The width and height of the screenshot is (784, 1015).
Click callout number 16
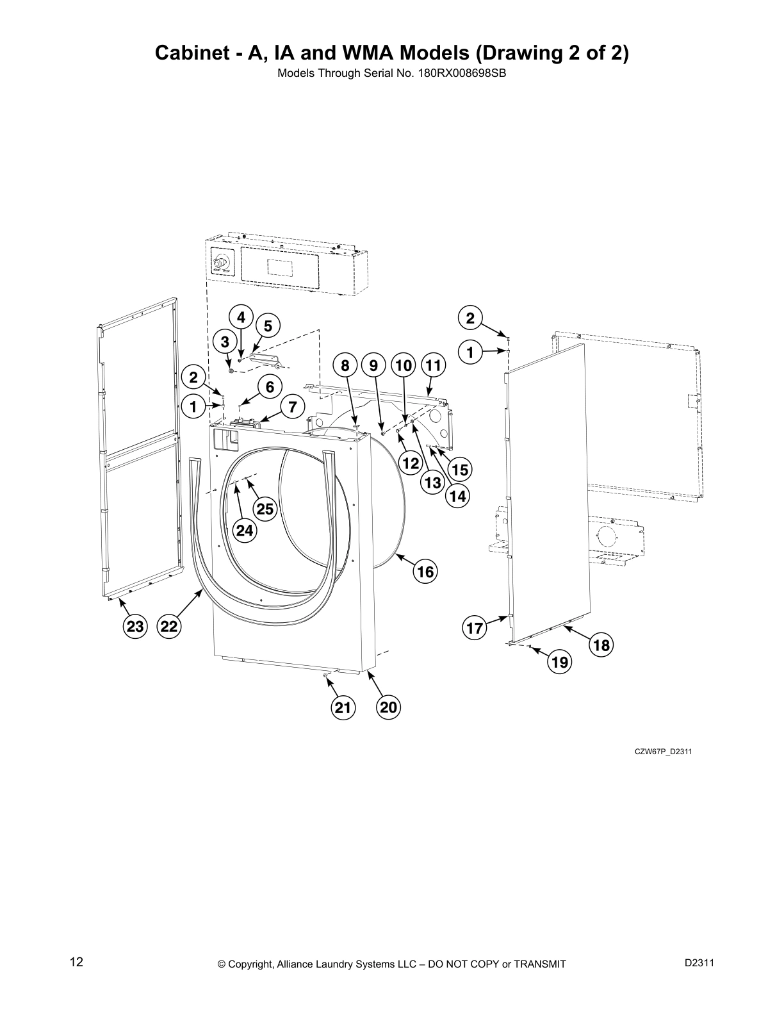(x=425, y=571)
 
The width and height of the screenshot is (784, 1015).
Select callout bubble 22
(x=169, y=626)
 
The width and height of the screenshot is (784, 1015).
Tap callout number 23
(x=135, y=626)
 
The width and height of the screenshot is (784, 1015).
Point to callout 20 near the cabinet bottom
(x=389, y=707)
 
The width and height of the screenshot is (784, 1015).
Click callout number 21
(x=343, y=707)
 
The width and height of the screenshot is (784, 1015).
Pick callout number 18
(x=601, y=645)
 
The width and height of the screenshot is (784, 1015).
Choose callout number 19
(x=560, y=662)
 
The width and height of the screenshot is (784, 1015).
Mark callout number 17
(x=475, y=628)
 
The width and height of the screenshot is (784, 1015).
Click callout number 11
(x=434, y=366)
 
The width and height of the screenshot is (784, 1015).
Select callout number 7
(x=292, y=407)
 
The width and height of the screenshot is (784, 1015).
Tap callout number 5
(x=268, y=326)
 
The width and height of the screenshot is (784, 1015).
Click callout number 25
(x=265, y=509)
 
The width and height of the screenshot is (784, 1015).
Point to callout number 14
(x=457, y=495)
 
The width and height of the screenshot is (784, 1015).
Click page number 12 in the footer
(x=76, y=962)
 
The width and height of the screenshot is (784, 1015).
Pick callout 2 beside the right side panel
(x=470, y=318)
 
